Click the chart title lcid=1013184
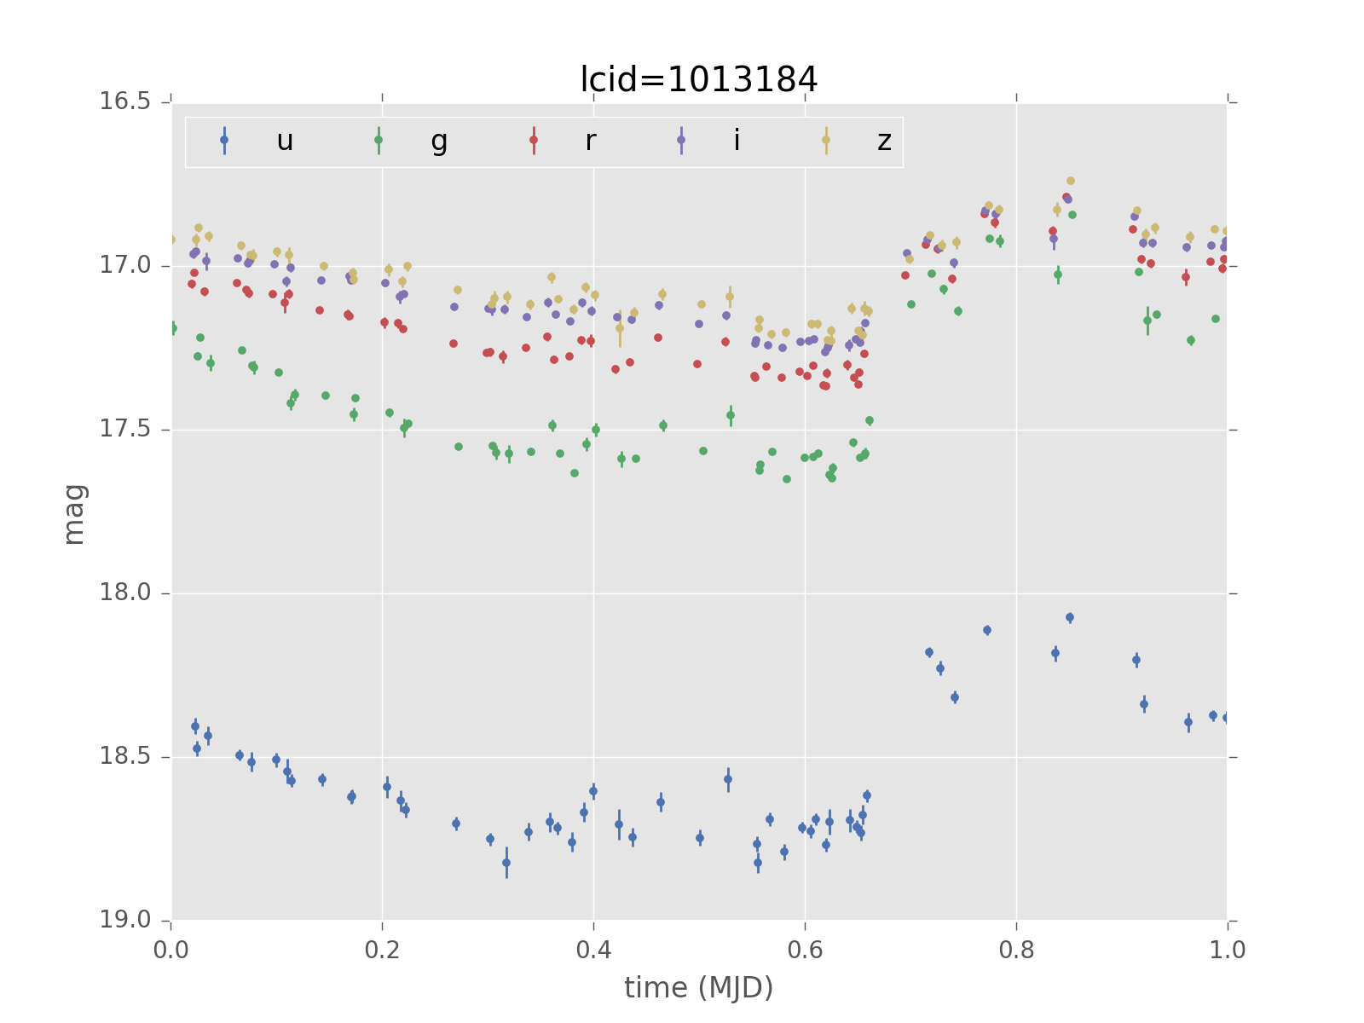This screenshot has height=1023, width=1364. point(698,79)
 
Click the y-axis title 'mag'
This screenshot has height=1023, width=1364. point(74,513)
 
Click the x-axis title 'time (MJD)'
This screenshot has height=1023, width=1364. point(698,987)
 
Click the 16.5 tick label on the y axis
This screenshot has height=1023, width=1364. point(126,101)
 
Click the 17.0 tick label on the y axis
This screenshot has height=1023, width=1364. point(126,265)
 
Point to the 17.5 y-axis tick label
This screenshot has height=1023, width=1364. point(126,429)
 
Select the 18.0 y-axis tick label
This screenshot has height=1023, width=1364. point(126,592)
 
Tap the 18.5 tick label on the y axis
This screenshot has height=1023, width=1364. point(126,756)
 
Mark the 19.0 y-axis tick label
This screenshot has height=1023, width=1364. point(126,920)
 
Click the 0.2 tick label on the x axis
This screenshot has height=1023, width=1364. point(382,950)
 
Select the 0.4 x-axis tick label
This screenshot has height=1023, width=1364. point(593,950)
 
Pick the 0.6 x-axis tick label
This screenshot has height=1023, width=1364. point(805,950)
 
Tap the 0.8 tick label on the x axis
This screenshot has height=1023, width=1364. point(1016,950)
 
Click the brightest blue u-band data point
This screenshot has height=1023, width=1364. point(1070,617)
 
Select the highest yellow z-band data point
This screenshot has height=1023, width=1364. point(1071,181)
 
